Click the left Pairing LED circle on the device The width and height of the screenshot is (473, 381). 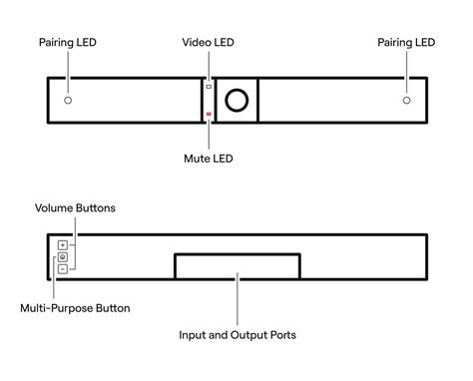(68, 101)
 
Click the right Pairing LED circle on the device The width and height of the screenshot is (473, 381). (406, 101)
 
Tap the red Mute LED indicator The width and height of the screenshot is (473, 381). (209, 116)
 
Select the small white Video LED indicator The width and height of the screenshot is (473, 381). (209, 87)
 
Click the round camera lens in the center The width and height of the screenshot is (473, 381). (236, 101)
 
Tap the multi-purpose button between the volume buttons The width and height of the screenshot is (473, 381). (62, 256)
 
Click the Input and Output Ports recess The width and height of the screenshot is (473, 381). (236, 266)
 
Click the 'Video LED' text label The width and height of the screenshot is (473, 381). (209, 43)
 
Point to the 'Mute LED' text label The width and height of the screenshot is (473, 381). (209, 158)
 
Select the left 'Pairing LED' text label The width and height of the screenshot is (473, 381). (68, 43)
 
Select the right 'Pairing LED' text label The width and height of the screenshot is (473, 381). (406, 43)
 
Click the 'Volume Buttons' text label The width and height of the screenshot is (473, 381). (75, 208)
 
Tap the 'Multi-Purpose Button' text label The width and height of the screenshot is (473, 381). (75, 308)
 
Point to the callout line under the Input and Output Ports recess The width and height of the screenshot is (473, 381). (236, 303)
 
